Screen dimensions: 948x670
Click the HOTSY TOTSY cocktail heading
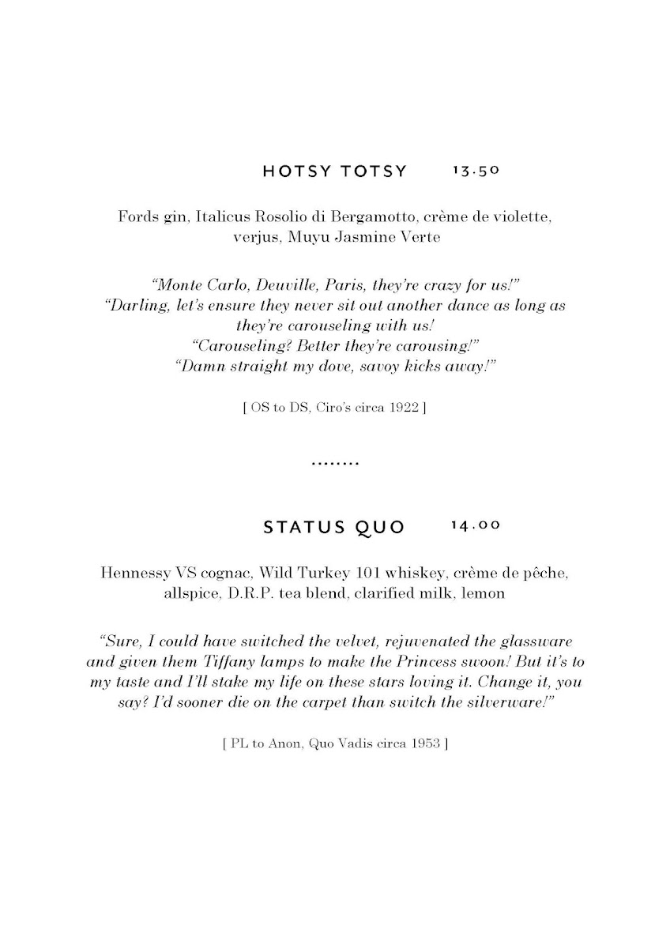click(x=334, y=171)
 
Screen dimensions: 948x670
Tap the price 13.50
click(x=476, y=171)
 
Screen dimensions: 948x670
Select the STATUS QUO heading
click(x=333, y=527)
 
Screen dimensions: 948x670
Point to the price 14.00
click(x=476, y=526)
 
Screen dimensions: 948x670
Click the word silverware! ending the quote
click(x=503, y=702)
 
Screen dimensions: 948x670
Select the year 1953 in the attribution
click(x=425, y=743)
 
